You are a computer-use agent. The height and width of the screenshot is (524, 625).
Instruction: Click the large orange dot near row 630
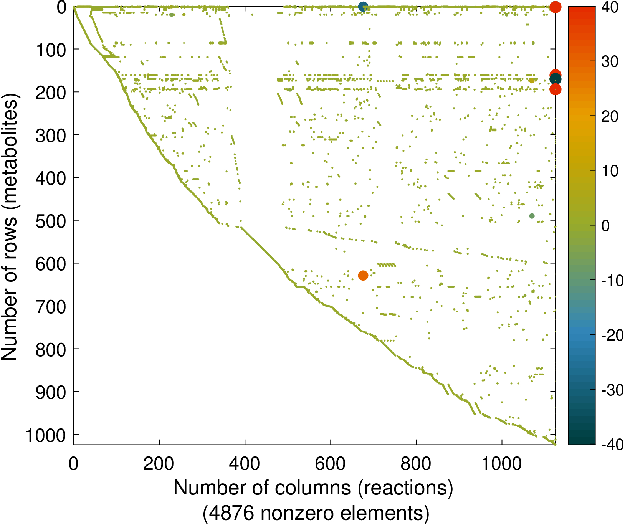[363, 275]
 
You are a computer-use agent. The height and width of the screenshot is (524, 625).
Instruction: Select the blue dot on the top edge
[363, 7]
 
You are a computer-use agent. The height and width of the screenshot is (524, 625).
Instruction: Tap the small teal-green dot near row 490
[532, 216]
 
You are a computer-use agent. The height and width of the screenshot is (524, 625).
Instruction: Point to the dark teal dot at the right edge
[556, 79]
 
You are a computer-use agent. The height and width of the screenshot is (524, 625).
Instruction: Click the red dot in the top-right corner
[555, 7]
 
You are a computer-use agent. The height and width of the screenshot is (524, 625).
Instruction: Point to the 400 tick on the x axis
[245, 464]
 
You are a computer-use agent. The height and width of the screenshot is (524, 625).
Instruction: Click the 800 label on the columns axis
[416, 464]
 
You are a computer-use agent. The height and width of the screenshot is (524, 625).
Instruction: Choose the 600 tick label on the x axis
[330, 464]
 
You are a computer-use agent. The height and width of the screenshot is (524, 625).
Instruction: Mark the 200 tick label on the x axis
[159, 464]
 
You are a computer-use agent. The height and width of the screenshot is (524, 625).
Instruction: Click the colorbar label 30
[609, 62]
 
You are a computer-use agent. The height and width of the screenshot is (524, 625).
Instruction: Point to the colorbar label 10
[609, 171]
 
